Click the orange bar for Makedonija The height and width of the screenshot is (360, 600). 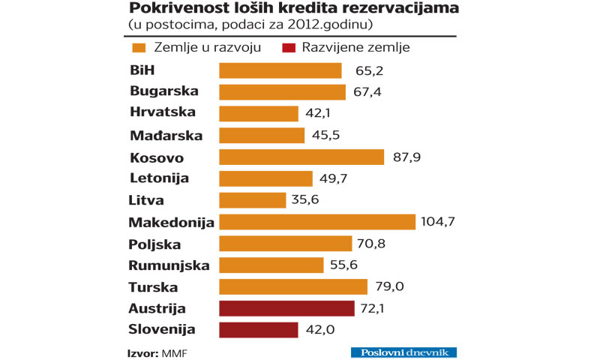(x=316, y=222)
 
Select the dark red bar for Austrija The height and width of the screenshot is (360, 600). (x=286, y=308)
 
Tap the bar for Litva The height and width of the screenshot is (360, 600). (x=252, y=200)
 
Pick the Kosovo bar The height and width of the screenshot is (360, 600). (x=301, y=157)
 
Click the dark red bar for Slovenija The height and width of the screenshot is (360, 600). (x=258, y=329)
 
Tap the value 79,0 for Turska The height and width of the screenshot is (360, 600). (x=385, y=287)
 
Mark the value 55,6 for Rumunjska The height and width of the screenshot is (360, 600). (x=341, y=265)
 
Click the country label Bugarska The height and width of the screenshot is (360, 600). (x=163, y=91)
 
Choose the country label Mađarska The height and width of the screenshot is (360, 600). (x=166, y=135)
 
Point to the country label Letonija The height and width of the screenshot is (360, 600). (x=159, y=178)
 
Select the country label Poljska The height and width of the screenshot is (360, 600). (x=154, y=244)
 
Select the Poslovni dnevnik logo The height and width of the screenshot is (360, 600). (x=403, y=352)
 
